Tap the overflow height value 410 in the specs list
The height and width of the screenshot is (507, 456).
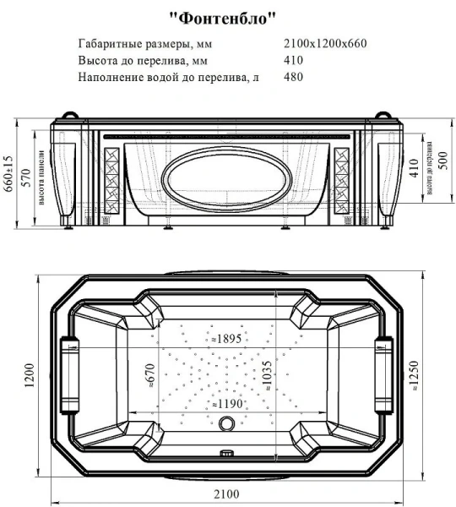[x=295, y=61]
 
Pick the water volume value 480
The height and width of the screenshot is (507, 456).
[x=295, y=77]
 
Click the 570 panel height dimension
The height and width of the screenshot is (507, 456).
[x=25, y=177]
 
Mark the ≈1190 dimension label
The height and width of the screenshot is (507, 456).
[x=228, y=403]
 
